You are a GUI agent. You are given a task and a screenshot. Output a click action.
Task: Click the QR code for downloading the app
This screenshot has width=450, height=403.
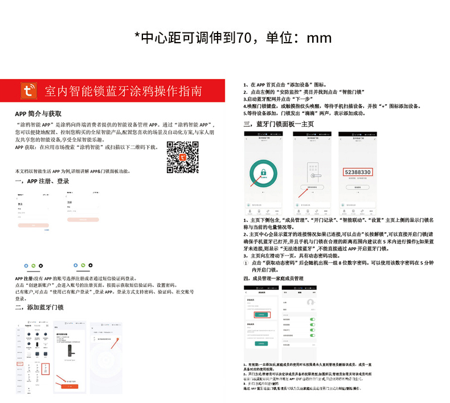182,157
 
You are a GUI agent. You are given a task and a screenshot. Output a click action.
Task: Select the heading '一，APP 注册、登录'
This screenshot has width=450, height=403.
42,181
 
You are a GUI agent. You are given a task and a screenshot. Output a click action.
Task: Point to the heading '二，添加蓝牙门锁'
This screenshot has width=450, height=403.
39,307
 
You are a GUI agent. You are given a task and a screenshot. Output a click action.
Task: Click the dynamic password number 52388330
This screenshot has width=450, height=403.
358,171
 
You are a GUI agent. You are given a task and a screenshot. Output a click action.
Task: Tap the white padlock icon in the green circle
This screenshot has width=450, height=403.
263,172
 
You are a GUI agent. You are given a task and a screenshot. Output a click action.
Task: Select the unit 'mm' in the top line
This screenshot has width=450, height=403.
319,39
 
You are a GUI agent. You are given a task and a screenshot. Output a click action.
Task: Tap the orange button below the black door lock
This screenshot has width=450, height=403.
69,386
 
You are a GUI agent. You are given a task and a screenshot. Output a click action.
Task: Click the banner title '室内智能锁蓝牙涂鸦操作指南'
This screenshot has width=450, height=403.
123,91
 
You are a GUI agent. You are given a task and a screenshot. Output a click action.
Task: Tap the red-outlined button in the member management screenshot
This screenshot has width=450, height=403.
262,314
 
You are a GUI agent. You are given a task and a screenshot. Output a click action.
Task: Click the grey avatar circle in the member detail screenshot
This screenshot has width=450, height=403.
311,302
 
